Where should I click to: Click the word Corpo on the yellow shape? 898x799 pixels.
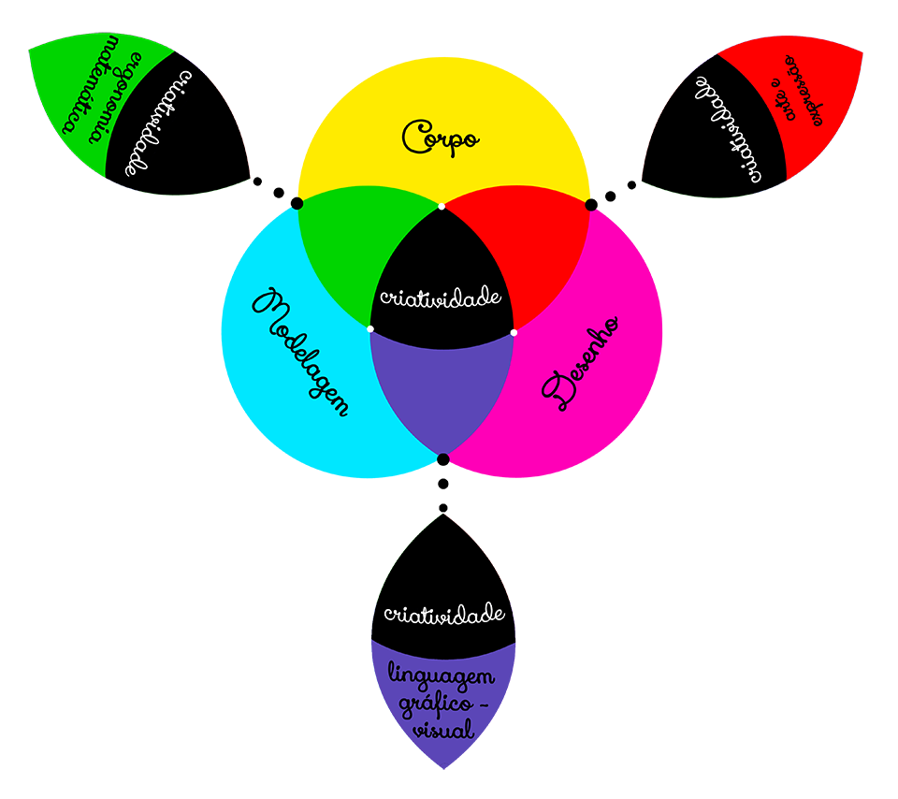click(441, 138)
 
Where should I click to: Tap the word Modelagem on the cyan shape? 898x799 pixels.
click(302, 353)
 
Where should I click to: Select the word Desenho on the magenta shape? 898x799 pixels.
click(582, 363)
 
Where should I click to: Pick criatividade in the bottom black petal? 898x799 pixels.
click(445, 615)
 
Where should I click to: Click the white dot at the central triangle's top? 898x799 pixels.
click(442, 206)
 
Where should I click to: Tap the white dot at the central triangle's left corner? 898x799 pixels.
click(370, 329)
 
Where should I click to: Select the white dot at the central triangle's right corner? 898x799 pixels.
click(514, 331)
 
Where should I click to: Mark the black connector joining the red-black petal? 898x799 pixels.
click(613, 186)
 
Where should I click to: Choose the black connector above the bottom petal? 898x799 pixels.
click(442, 487)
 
